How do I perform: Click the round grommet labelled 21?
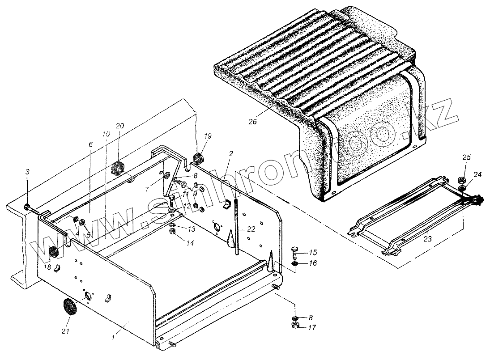point(70,308)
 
